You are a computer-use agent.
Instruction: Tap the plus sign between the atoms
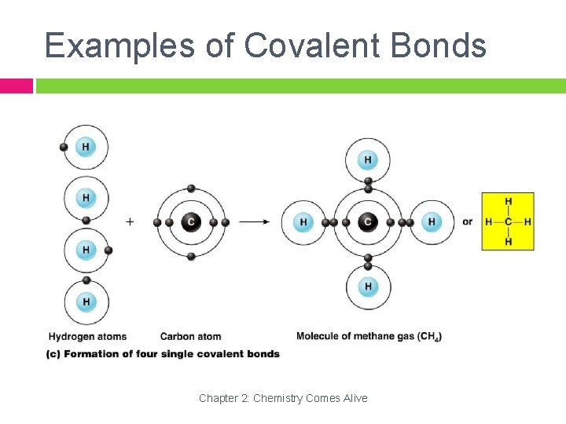pos(130,221)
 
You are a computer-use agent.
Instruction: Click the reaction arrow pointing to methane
pos(255,221)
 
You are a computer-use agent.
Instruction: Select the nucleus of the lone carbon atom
pos(190,222)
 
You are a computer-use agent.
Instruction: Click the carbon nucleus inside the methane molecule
pos(367,222)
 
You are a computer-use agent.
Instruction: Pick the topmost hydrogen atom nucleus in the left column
pos(85,147)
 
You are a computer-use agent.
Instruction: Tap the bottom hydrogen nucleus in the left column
pos(85,302)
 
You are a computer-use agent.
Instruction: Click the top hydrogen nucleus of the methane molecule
pos(367,160)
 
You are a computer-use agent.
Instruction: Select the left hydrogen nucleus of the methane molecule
pos(303,222)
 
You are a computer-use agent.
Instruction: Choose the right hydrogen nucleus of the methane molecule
pos(431,222)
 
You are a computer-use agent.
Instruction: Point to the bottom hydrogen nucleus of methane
pos(368,286)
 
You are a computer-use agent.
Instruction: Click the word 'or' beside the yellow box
pos(468,221)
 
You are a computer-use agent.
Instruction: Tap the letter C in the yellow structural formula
pos(508,221)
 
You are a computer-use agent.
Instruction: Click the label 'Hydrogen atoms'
pos(87,337)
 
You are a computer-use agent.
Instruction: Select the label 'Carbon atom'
pos(190,337)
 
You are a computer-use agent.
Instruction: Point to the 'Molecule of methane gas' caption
pos(369,337)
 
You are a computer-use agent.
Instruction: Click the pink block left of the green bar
pos(16,86)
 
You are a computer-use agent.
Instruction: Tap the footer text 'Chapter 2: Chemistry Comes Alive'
pos(283,398)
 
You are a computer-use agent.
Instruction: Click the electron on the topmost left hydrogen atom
pos(64,147)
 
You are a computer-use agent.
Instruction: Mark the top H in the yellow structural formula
pos(508,202)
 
